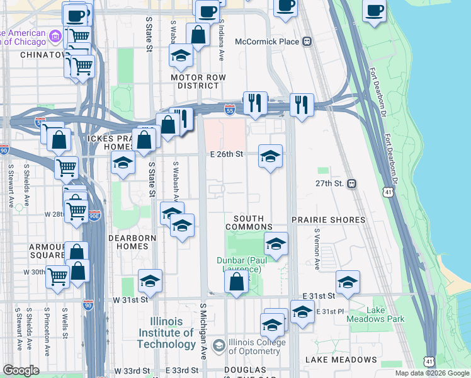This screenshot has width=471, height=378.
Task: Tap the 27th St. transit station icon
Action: (x=352, y=184)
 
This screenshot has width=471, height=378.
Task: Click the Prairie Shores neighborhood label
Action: (x=328, y=220)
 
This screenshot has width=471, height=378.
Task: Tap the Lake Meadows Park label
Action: (x=376, y=315)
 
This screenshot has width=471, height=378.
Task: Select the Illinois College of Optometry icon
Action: (x=219, y=345)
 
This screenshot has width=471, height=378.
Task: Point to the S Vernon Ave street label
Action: (x=317, y=248)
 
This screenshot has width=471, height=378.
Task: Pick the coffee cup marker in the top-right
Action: (x=374, y=11)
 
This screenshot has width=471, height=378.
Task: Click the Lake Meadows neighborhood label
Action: (x=341, y=360)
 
